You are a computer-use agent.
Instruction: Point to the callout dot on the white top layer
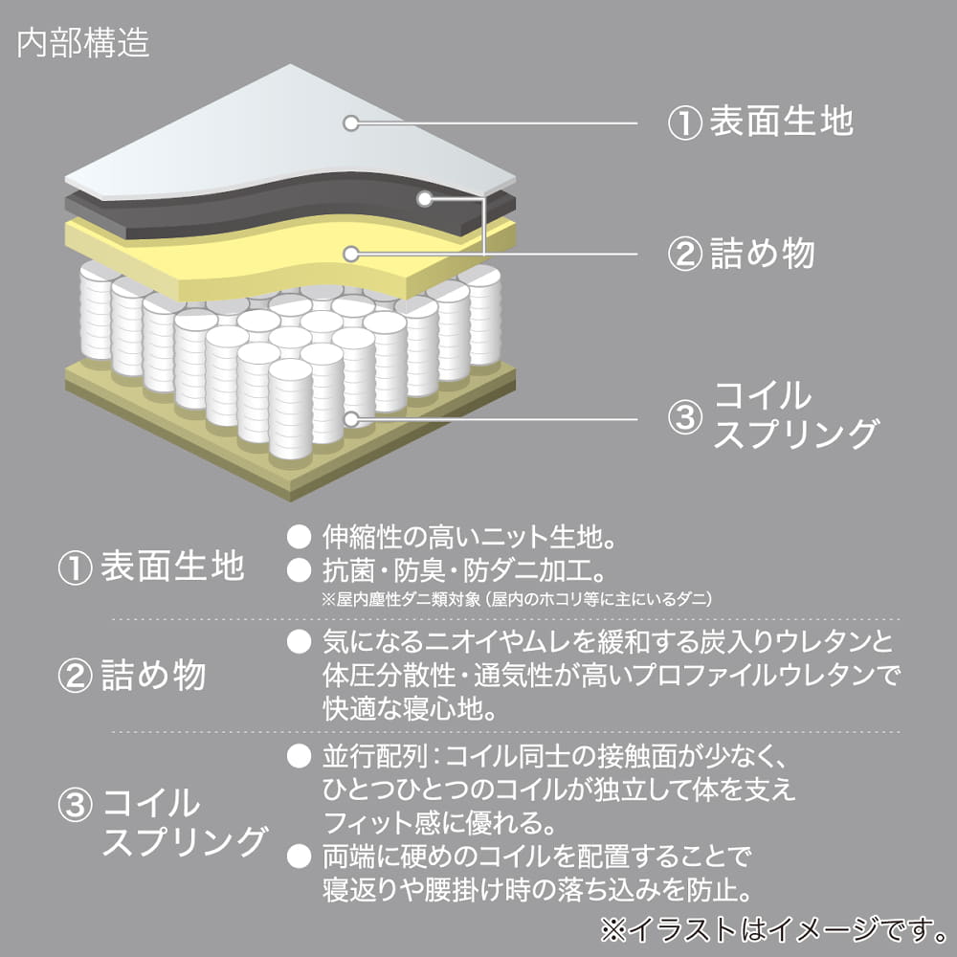(x=351, y=122)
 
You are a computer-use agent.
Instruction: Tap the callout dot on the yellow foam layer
(x=351, y=254)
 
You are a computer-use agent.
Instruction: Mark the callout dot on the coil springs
(x=351, y=418)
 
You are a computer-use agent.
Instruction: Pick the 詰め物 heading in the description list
(x=153, y=677)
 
